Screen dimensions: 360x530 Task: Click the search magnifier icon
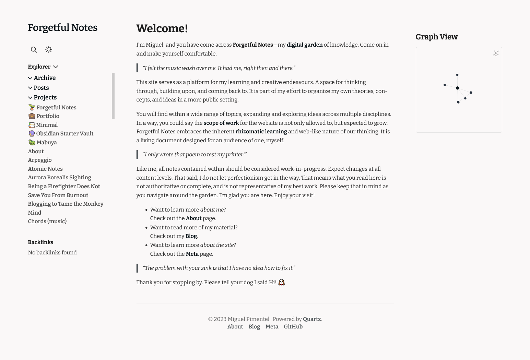tap(34, 50)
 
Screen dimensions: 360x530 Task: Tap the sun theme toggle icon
tap(49, 49)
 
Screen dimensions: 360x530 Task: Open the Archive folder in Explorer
tap(45, 78)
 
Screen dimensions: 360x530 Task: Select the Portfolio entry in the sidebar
tap(48, 116)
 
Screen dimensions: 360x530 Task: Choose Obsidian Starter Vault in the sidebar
tap(64, 134)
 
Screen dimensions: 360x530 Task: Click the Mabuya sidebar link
tap(46, 143)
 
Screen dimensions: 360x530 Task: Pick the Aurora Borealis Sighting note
tap(59, 178)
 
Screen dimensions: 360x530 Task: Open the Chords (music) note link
tap(47, 221)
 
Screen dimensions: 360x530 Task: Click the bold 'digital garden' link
tap(305, 45)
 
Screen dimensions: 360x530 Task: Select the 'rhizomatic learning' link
tap(261, 132)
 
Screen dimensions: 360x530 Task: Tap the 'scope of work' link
tap(221, 123)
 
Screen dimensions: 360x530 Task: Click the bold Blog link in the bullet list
tap(191, 236)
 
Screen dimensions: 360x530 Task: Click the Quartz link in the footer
tap(311, 319)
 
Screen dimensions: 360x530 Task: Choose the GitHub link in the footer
tap(293, 327)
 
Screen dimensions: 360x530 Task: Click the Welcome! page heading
tap(162, 28)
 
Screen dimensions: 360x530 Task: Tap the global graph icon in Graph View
tap(496, 53)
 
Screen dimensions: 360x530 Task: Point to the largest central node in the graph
tap(457, 88)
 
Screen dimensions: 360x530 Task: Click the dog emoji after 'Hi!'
tap(281, 283)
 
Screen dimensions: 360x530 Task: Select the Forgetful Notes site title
tap(62, 28)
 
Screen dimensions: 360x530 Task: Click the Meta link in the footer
tap(272, 327)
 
